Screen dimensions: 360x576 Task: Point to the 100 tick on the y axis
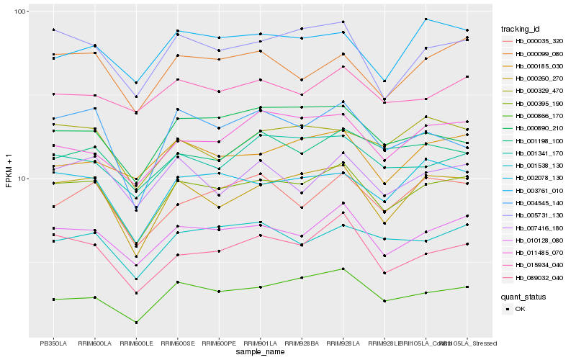coord(19,12)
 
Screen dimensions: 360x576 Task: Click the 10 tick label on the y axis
coord(22,179)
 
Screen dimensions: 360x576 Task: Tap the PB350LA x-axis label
coord(53,343)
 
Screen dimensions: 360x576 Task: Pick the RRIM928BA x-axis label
coord(302,343)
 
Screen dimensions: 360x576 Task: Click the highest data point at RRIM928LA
coord(343,22)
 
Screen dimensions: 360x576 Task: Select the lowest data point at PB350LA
coord(53,300)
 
